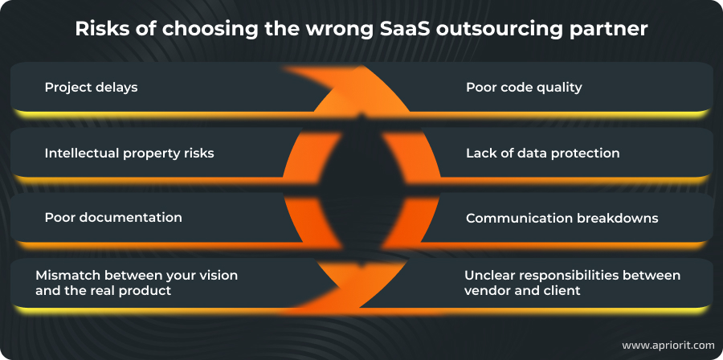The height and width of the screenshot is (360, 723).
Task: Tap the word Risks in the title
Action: coord(103,29)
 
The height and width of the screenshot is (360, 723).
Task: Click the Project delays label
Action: coord(91,87)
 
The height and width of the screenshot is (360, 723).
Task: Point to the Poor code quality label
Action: coord(524,87)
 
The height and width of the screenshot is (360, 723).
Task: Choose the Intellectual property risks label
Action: coord(129,153)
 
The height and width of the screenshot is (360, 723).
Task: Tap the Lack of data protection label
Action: coord(542,153)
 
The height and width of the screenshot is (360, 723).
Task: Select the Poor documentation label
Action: coord(113,218)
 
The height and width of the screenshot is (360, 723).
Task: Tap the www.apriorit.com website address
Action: coord(668,345)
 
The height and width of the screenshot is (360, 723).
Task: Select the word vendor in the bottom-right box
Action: coord(486,290)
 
